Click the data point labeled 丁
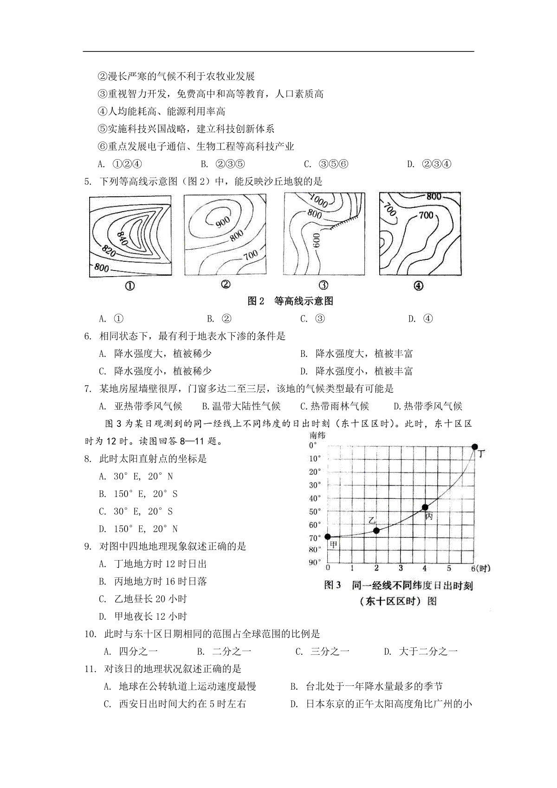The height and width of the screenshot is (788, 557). coord(474,446)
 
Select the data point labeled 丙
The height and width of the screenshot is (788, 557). coord(425,507)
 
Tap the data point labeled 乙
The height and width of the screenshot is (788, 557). coord(376,530)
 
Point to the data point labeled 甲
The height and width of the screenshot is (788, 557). coord(328,537)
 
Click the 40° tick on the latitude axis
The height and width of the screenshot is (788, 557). coord(315,498)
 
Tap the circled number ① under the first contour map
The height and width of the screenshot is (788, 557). coord(130,286)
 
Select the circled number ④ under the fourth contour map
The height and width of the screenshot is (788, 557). coord(418,286)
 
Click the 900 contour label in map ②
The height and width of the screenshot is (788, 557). coord(223,222)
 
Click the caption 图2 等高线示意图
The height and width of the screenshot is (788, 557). coord(290,301)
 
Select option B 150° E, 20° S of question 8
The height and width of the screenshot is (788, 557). coord(138,494)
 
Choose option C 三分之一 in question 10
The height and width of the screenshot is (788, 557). coord(322,652)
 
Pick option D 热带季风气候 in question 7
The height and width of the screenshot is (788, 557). coord(427,407)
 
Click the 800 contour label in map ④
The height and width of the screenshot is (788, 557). coord(434,197)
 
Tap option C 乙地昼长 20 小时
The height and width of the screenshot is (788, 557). coord(143,599)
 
